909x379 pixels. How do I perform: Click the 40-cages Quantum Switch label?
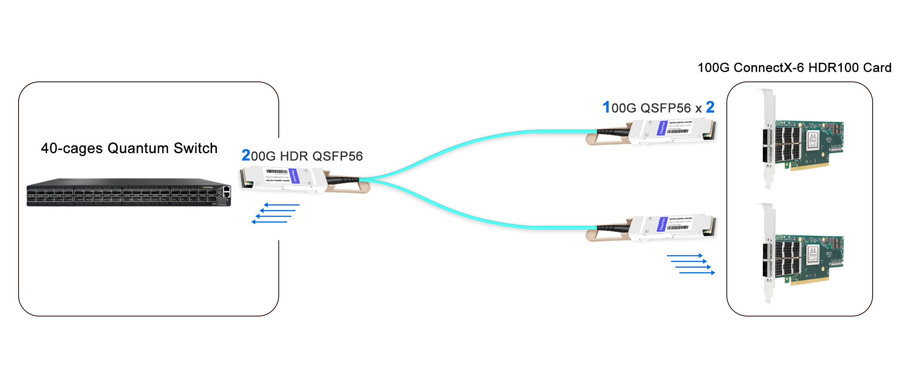pos(129,148)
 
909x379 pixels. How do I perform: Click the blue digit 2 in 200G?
pos(246,155)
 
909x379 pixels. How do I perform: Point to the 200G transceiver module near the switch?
pos(284,178)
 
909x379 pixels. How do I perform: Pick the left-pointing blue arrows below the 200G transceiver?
pos(275,213)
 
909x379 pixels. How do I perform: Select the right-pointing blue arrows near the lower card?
pos(691,264)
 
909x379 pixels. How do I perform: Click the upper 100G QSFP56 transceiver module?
pos(670,131)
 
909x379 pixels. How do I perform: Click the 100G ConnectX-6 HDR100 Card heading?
pos(794,67)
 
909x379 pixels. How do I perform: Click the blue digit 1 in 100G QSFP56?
pos(606,107)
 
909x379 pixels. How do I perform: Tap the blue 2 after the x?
pos(710,107)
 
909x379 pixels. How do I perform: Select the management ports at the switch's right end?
pos(226,191)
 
